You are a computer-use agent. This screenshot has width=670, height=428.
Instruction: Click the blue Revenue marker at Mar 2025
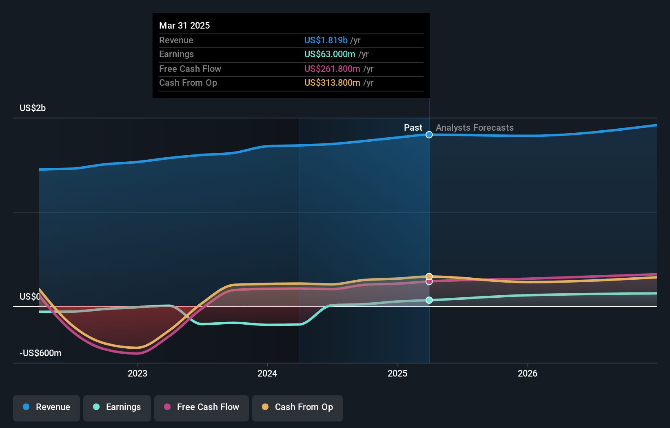(429, 135)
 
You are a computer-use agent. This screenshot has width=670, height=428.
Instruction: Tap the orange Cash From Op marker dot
(429, 276)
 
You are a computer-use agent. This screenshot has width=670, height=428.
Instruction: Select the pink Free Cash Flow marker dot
(429, 281)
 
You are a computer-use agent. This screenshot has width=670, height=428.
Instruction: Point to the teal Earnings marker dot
(429, 300)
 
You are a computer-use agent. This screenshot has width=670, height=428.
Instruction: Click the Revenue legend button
(47, 407)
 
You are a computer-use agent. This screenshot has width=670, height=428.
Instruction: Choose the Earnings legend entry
(117, 407)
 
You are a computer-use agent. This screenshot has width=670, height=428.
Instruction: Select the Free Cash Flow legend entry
(202, 407)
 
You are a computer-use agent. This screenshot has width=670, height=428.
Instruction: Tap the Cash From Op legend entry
(297, 407)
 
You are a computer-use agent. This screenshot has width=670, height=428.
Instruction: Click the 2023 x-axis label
(138, 373)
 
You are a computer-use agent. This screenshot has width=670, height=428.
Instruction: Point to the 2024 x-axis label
(267, 373)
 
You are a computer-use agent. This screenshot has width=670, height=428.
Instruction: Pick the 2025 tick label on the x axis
(397, 373)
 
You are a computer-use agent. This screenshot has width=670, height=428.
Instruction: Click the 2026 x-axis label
(528, 373)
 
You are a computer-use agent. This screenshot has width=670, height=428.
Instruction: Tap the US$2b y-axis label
(33, 108)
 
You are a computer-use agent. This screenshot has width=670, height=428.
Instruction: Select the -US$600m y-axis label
(40, 353)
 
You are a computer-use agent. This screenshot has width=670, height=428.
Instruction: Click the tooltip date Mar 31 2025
(184, 25)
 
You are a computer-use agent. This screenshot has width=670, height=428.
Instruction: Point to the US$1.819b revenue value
(326, 40)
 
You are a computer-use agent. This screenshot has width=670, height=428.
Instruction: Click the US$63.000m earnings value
(330, 54)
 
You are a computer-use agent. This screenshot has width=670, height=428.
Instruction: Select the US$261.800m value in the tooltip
(332, 69)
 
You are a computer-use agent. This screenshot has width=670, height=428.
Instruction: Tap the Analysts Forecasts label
(475, 127)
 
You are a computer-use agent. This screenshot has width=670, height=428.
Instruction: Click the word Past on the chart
(413, 127)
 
